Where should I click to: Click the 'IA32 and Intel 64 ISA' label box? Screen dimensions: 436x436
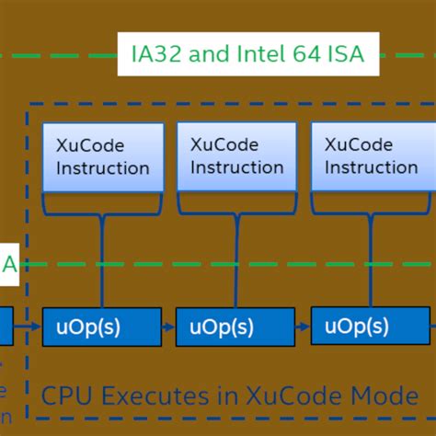pyautogui.click(x=244, y=53)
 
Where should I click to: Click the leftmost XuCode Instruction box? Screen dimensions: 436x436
pyautogui.click(x=102, y=156)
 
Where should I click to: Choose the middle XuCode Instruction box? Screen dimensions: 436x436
pyautogui.click(x=236, y=156)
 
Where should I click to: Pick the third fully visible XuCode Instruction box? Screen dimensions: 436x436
pyautogui.click(x=371, y=156)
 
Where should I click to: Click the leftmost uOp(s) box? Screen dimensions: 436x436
pyautogui.click(x=102, y=327)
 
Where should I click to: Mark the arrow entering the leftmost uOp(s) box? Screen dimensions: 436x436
pyautogui.click(x=29, y=327)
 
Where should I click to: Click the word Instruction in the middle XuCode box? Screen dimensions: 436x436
pyautogui.click(x=236, y=167)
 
